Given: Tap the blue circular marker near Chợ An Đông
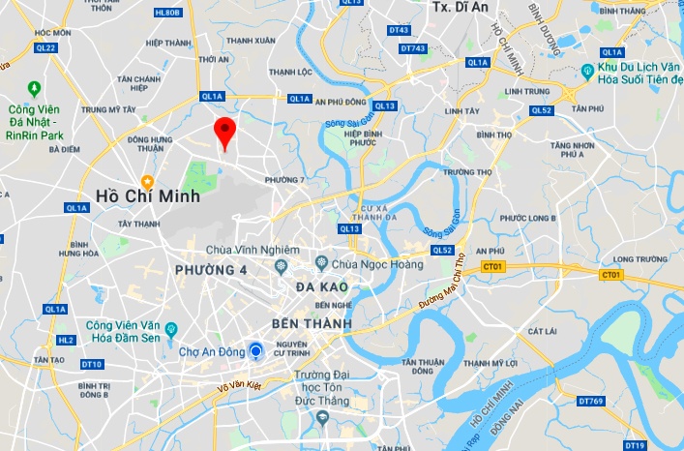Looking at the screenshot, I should [256, 351].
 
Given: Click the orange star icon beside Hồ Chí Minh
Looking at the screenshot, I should [147, 181].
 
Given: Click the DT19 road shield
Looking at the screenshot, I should [635, 444].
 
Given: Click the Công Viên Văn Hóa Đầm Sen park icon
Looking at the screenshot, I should [171, 329].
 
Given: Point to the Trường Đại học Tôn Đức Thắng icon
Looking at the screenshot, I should [322, 417].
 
